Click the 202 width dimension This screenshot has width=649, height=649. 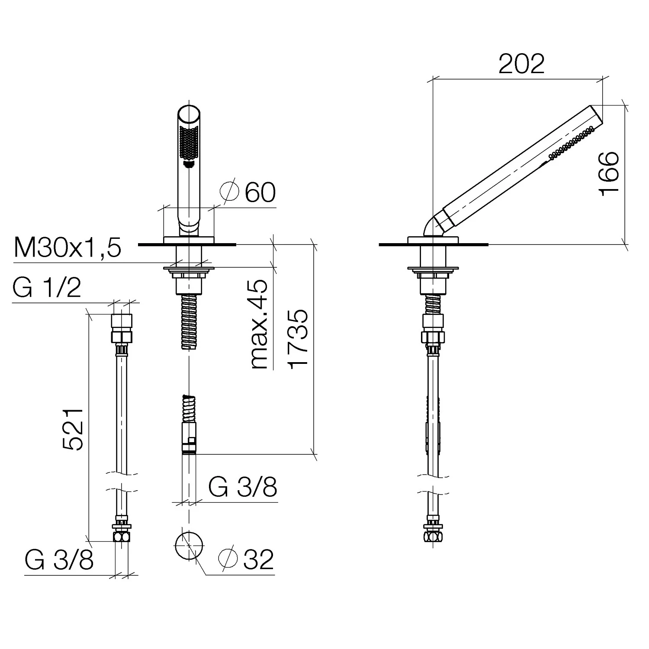pyautogui.click(x=521, y=64)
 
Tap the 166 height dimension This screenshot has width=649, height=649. pyautogui.click(x=609, y=173)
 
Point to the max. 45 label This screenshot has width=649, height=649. pyautogui.click(x=258, y=324)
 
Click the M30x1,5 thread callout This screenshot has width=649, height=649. pyautogui.click(x=67, y=248)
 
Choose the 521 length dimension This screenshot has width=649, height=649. pyautogui.click(x=72, y=429)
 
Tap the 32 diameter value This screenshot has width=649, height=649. pyautogui.click(x=258, y=559)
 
